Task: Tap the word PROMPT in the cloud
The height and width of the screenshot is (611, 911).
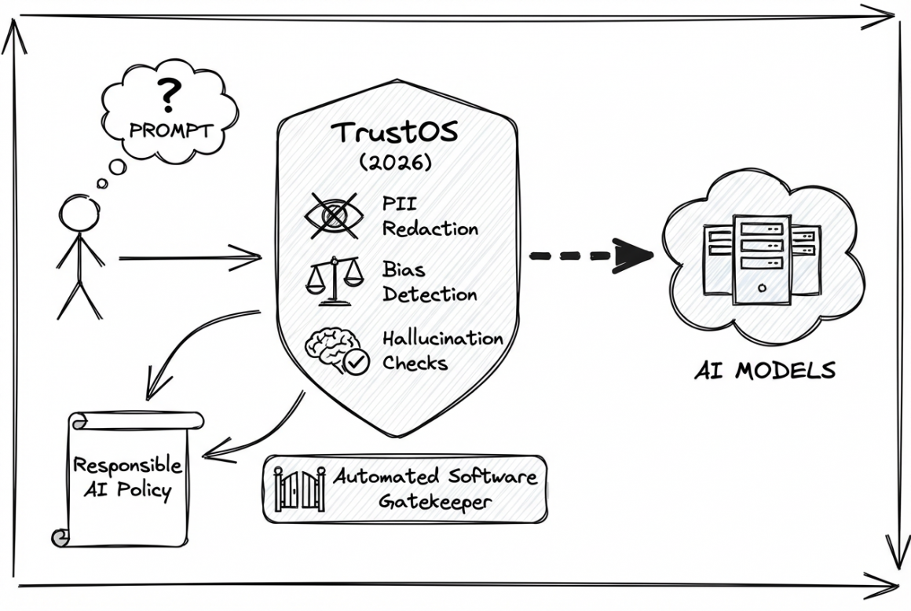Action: pyautogui.click(x=170, y=130)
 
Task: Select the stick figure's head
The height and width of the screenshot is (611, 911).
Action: pyautogui.click(x=78, y=214)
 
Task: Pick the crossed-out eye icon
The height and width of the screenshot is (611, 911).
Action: pyautogui.click(x=331, y=214)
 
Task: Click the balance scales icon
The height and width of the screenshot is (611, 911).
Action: pyautogui.click(x=333, y=281)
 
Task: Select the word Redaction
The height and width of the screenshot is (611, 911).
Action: pyautogui.click(x=430, y=229)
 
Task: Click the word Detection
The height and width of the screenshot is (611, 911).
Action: pyautogui.click(x=430, y=295)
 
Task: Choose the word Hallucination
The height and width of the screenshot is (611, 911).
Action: pyautogui.click(x=442, y=338)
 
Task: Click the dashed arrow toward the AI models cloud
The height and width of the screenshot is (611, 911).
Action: pyautogui.click(x=592, y=255)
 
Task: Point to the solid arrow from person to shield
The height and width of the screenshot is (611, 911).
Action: pyautogui.click(x=189, y=257)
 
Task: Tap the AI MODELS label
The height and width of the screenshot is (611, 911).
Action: pyautogui.click(x=764, y=369)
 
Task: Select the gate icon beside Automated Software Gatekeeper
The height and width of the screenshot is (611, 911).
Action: pyautogui.click(x=299, y=489)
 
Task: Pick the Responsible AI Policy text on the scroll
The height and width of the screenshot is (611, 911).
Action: pyautogui.click(x=127, y=477)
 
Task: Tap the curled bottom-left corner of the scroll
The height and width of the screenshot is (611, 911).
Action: pyautogui.click(x=58, y=538)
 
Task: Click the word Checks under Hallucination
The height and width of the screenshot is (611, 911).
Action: pyautogui.click(x=415, y=363)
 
